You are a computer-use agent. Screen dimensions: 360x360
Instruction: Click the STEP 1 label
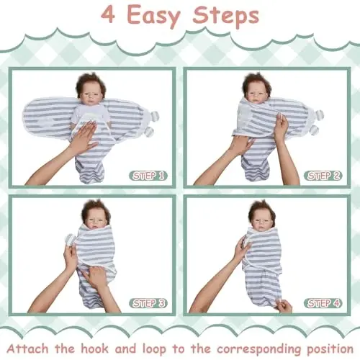[149, 175]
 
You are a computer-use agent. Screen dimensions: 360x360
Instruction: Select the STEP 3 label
[149, 302]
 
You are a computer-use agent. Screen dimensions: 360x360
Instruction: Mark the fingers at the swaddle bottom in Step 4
[283, 305]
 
